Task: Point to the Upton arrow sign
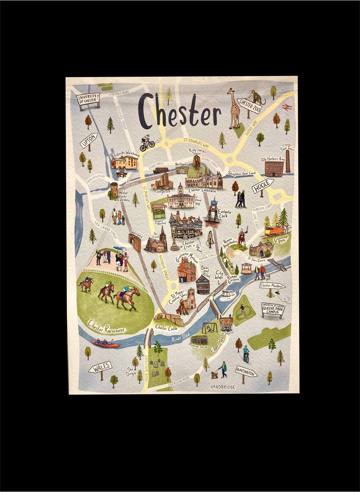coord(89,141)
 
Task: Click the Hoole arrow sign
coord(262,186)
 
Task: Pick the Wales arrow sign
coord(100,367)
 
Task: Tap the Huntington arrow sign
coord(246,372)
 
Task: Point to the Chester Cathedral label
coord(202,190)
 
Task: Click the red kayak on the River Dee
coord(106,344)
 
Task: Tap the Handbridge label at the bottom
coord(222,387)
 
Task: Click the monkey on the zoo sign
coord(258,97)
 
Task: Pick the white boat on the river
coord(229,294)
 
